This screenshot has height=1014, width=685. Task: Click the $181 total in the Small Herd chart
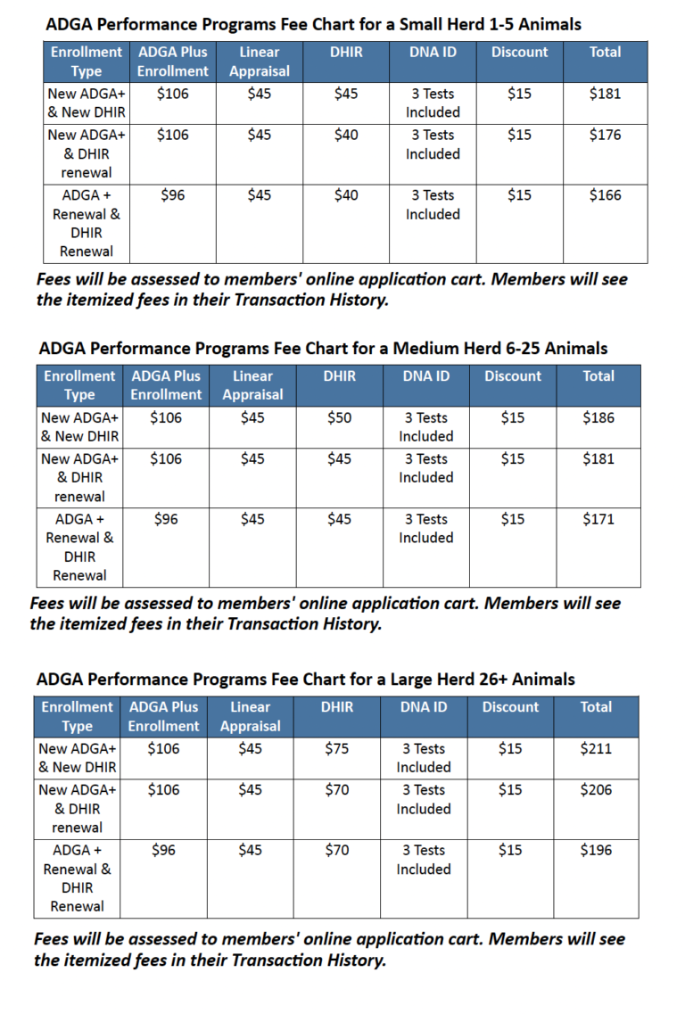(x=605, y=94)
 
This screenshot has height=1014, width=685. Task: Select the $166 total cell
(x=605, y=195)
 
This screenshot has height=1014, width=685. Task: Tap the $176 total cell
(x=605, y=135)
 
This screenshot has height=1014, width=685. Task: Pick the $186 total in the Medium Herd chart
(x=598, y=417)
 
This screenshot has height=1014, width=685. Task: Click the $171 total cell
(x=598, y=519)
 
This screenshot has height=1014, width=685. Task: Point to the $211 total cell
(x=596, y=748)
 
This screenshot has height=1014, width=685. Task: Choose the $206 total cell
(x=596, y=789)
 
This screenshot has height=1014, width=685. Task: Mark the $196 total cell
(x=596, y=850)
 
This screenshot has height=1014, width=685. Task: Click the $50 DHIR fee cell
(x=339, y=417)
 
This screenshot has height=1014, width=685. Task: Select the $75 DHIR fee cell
(x=336, y=748)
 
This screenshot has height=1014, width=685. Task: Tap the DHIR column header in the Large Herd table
(x=336, y=707)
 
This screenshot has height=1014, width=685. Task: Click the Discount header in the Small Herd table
(x=519, y=52)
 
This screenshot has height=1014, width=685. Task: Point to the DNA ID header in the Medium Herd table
(x=425, y=376)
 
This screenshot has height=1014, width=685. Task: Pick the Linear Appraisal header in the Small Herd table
(x=259, y=62)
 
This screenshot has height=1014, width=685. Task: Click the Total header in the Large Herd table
(x=596, y=707)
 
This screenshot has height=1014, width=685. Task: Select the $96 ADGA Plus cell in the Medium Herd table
(x=166, y=519)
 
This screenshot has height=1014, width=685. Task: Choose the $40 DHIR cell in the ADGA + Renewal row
(x=346, y=195)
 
